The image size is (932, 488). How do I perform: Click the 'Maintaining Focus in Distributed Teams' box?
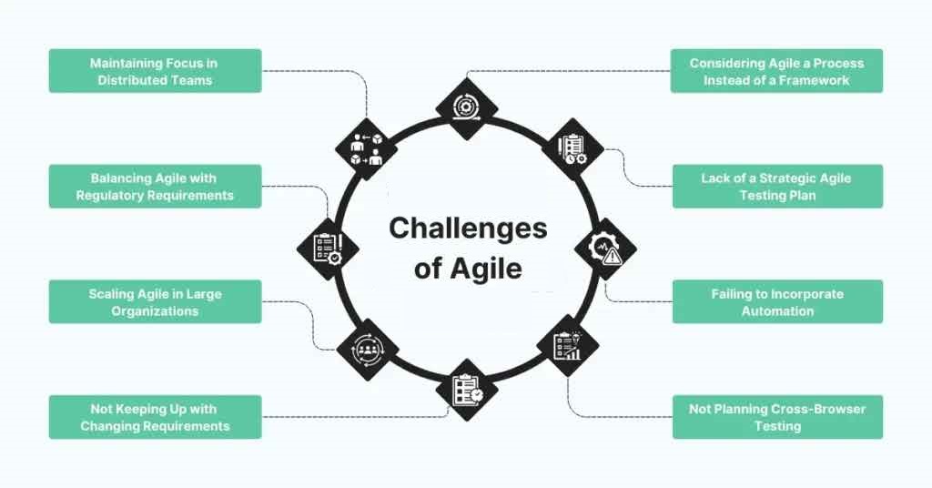coord(155,71)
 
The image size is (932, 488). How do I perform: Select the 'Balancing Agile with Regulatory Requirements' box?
coord(155,187)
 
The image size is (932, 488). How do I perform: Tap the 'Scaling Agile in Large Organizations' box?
coord(155,302)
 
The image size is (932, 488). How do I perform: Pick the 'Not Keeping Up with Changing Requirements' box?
coord(155,418)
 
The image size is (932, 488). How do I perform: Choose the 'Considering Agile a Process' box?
coord(776,71)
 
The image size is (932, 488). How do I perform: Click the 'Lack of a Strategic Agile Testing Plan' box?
coord(776,187)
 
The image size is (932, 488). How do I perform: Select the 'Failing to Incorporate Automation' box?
coord(776,302)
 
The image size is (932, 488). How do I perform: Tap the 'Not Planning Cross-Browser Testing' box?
coord(776,418)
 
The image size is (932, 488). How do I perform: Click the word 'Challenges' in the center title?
coord(468,228)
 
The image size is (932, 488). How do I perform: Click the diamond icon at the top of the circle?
coord(466,107)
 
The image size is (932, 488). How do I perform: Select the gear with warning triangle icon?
coord(606,249)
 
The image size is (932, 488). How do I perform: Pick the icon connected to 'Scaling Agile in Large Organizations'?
coord(367,348)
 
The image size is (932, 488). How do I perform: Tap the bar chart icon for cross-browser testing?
coord(568,346)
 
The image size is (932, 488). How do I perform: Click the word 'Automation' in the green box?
coord(776,310)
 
